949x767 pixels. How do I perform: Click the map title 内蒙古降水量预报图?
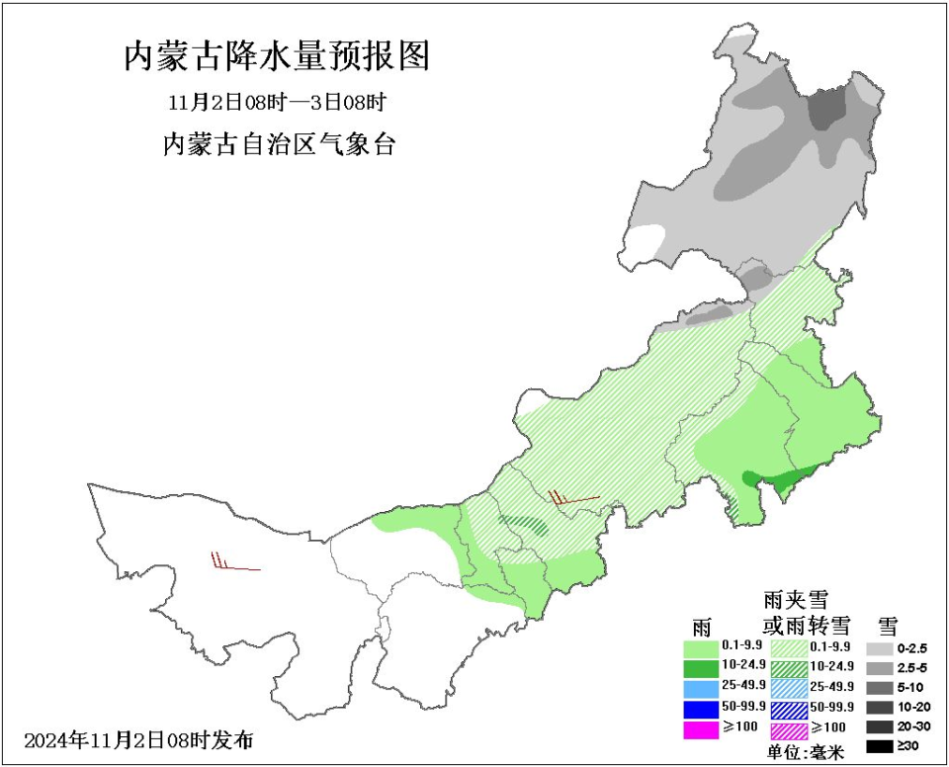pyautogui.click(x=278, y=56)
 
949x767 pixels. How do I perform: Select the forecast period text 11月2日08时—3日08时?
pyautogui.click(x=277, y=102)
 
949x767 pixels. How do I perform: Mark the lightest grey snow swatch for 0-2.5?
pyautogui.click(x=879, y=648)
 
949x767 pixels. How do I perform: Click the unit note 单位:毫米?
pyautogui.click(x=806, y=752)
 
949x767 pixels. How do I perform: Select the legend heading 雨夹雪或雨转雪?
pyautogui.click(x=806, y=612)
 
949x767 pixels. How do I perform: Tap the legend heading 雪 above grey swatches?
pyautogui.click(x=887, y=624)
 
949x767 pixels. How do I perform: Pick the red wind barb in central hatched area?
pyautogui.click(x=573, y=499)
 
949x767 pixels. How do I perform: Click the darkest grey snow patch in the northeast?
pyautogui.click(x=827, y=108)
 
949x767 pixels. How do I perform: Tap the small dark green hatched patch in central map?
pyautogui.click(x=524, y=524)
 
